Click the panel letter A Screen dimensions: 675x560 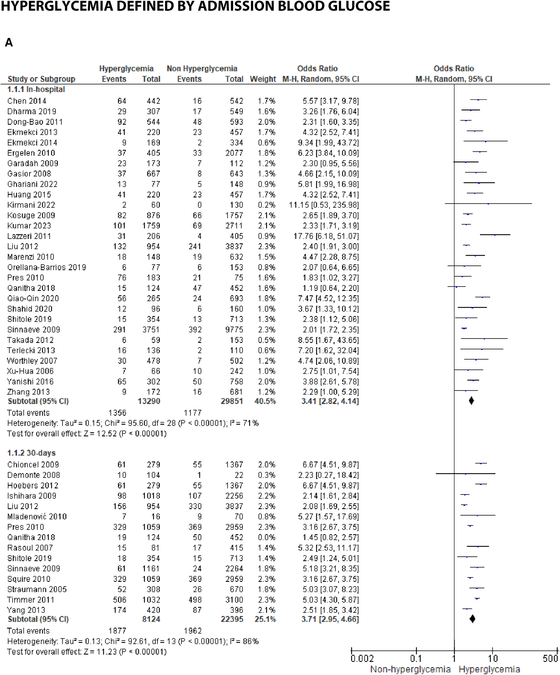coord(9,42)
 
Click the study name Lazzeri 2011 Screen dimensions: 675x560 coord(29,236)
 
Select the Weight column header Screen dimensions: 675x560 coord(263,79)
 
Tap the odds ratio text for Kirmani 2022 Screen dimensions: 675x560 coord(323,205)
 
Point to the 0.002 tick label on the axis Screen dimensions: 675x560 coord(362,659)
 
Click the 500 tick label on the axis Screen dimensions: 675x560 coord(550,659)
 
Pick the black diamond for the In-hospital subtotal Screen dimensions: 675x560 coord(471,401)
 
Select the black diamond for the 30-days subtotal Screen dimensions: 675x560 coord(472,619)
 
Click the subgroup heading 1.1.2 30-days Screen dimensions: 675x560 coord(32,453)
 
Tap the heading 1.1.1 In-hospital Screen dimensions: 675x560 coord(36,89)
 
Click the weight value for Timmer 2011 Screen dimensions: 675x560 coord(266,600)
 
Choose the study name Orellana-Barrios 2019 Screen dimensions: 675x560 coord(47,267)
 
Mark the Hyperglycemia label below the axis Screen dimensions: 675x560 coord(489,669)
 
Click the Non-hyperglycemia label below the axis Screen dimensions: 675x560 coord(410,669)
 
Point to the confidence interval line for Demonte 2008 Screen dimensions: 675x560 coord(465,474)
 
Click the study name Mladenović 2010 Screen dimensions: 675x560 coord(37,517)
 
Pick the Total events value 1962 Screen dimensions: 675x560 coord(192,631)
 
